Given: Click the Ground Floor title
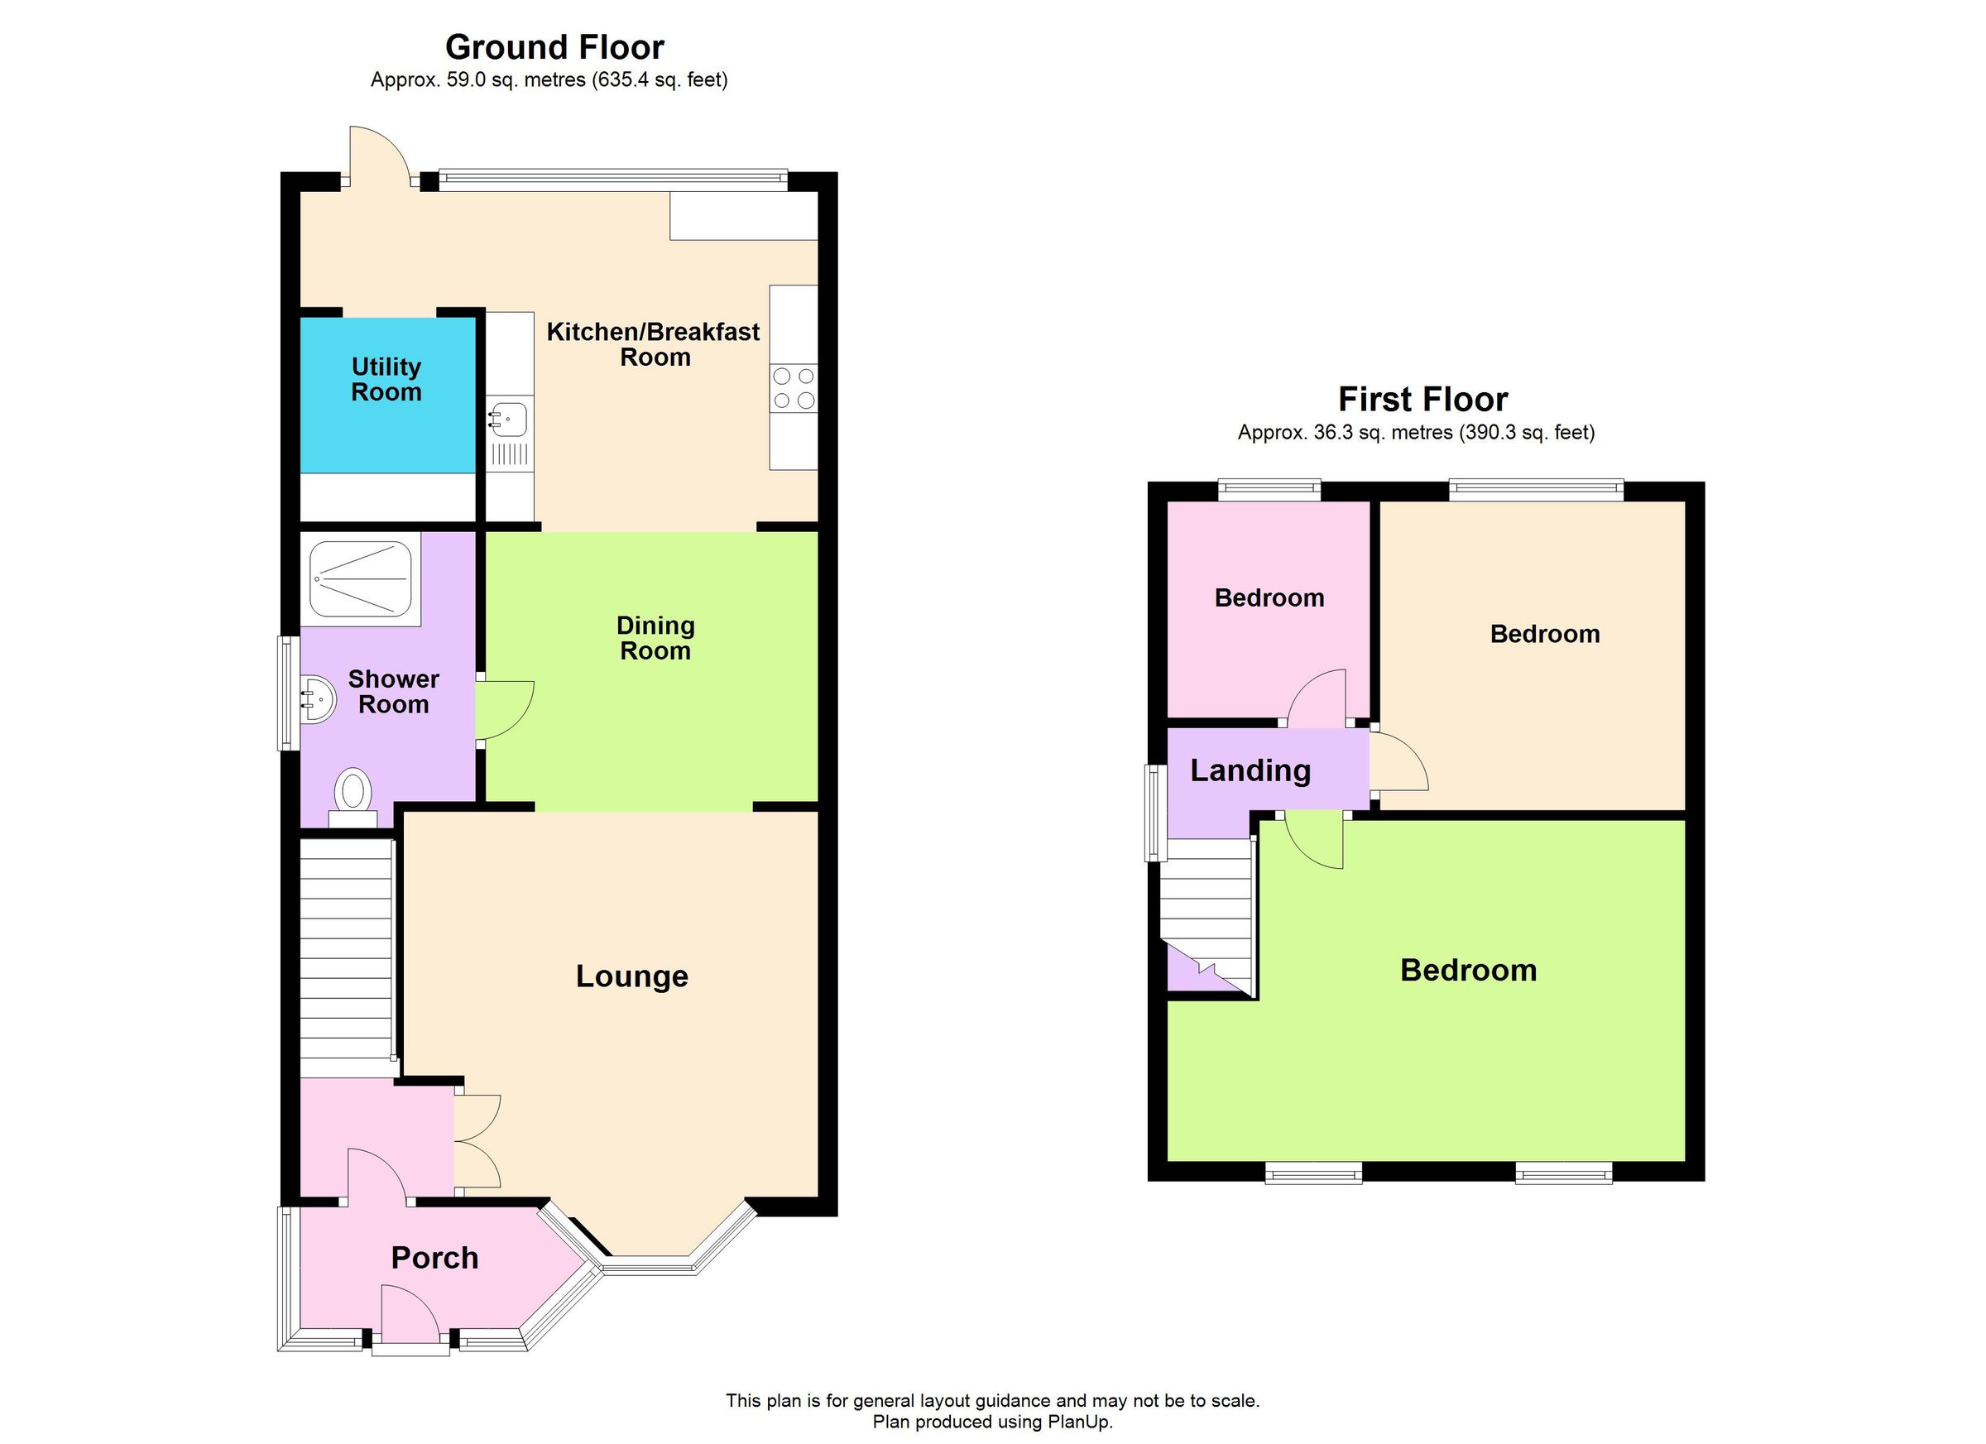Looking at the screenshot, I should tap(554, 46).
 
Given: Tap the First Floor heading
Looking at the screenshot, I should tap(1422, 400).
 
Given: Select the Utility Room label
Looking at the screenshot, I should tap(386, 379).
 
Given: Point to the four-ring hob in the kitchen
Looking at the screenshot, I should tap(794, 388).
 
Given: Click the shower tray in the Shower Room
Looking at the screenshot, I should tap(361, 577).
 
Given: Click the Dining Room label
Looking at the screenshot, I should tap(655, 637).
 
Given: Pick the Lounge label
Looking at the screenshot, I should tap(631, 976).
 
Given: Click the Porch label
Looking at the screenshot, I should tap(434, 1258).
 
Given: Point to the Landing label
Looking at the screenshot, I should tap(1250, 770).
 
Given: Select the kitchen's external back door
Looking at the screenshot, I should tap(378, 156).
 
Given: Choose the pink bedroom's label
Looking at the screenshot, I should tap(1269, 598).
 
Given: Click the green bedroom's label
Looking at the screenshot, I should tap(1468, 971).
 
